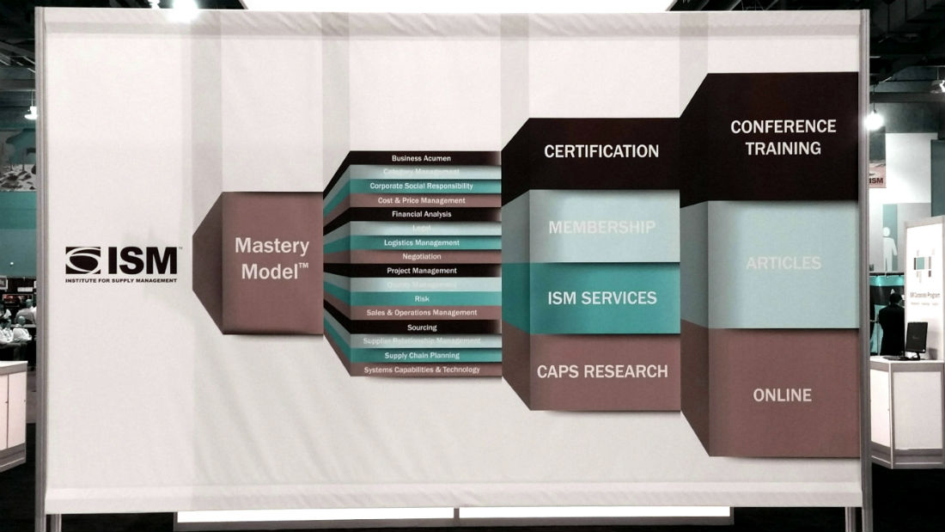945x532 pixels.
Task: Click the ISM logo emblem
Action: coord(83,260)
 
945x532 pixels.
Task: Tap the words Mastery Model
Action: coord(272,259)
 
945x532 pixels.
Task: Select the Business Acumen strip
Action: coord(421,158)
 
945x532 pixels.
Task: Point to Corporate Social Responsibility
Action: coord(421,186)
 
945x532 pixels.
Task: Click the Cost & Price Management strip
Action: coord(421,200)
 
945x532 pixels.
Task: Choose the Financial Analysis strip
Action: coord(421,214)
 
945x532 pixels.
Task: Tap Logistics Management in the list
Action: coord(421,242)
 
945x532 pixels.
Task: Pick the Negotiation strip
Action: coord(421,256)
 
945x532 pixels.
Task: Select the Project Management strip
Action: coord(421,271)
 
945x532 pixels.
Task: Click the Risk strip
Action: coord(422,298)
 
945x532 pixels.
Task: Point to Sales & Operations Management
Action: coord(421,313)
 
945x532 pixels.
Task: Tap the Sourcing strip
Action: coord(421,327)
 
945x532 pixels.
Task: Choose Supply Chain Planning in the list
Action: coord(421,355)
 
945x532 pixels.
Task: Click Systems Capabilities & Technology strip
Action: coord(421,370)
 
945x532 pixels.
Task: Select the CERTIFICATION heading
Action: coord(601,151)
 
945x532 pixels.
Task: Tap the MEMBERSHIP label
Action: coord(601,228)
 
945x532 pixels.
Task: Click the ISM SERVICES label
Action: coord(601,298)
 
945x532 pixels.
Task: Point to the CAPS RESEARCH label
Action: coord(601,371)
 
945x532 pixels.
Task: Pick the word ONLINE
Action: coord(782,395)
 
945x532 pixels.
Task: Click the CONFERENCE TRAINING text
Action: coord(782,138)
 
